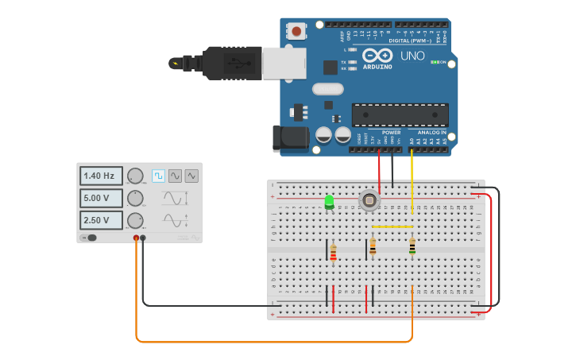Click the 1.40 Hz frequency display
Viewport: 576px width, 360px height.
tap(101, 176)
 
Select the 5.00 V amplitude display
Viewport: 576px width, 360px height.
tap(101, 198)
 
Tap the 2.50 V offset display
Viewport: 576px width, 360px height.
tap(101, 220)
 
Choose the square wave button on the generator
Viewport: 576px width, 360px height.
tap(158, 176)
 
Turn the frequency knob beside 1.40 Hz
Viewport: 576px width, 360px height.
tap(135, 176)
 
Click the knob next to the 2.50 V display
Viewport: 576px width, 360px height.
tap(135, 220)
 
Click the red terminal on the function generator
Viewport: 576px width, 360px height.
tap(136, 238)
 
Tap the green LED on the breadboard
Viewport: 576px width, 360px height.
tap(329, 202)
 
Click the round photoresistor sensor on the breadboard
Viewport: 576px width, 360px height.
tap(369, 200)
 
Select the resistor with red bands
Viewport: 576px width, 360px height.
tap(333, 253)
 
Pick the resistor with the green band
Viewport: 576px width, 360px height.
tap(412, 246)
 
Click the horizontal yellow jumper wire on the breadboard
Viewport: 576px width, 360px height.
tap(392, 226)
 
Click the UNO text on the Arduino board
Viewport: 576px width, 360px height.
tap(412, 56)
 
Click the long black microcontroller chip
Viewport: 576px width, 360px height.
tap(400, 114)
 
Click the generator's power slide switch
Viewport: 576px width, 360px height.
tap(91, 238)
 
